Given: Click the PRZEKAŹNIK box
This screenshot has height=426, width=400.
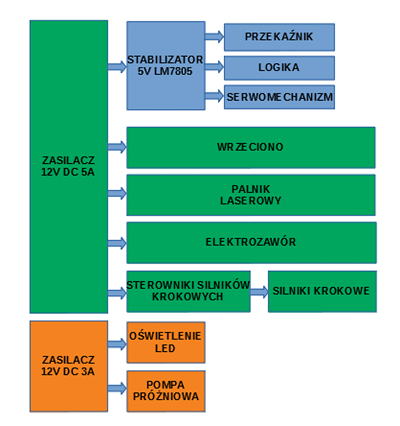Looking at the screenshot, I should (279, 37).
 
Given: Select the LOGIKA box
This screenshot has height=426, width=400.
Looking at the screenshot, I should (279, 68).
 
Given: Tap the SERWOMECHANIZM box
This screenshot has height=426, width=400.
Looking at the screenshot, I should (279, 97).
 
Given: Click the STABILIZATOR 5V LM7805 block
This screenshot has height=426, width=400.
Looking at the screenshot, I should (165, 65).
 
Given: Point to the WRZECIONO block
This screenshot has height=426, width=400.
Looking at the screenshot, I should (251, 147).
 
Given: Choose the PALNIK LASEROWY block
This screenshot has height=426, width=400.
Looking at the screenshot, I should (251, 195).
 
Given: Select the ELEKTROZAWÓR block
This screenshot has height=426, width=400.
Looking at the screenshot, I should (251, 242).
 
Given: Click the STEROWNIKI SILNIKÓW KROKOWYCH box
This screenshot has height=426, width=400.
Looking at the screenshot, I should (188, 291).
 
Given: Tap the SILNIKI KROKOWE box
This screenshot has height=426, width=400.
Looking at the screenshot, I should (322, 291).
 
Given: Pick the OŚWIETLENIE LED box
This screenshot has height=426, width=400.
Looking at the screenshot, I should (165, 342).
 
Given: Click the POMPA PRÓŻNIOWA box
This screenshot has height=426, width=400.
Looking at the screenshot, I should (165, 390).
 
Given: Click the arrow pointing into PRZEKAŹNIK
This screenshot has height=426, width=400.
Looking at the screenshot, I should (214, 36).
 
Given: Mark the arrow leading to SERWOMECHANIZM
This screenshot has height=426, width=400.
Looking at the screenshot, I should (214, 96).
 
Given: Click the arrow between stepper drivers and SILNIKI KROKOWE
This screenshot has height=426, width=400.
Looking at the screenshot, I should (259, 292).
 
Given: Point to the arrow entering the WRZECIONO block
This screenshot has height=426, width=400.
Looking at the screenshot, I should (117, 147).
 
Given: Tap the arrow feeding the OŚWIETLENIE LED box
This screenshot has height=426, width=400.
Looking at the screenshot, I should (117, 344).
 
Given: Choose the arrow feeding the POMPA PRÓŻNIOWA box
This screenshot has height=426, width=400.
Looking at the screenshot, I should (117, 388).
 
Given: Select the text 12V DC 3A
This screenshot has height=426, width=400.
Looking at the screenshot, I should (68, 372).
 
